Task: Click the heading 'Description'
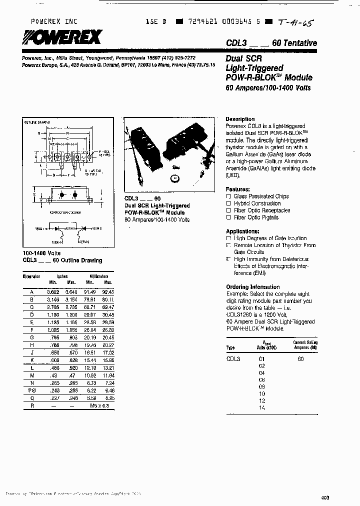pyautogui.click(x=240, y=119)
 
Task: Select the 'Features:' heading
pyautogui.click(x=238, y=189)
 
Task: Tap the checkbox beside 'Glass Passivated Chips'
pyautogui.click(x=228, y=196)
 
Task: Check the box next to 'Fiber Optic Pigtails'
pyautogui.click(x=228, y=217)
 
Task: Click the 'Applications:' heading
pyautogui.click(x=242, y=231)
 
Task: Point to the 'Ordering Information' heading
pyautogui.click(x=252, y=287)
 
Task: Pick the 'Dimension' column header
pyautogui.click(x=31, y=276)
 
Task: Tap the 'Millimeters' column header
pyautogui.click(x=99, y=276)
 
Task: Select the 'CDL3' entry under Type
pyautogui.click(x=233, y=359)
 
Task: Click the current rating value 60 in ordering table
pyautogui.click(x=300, y=359)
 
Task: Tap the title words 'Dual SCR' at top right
pyautogui.click(x=242, y=58)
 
